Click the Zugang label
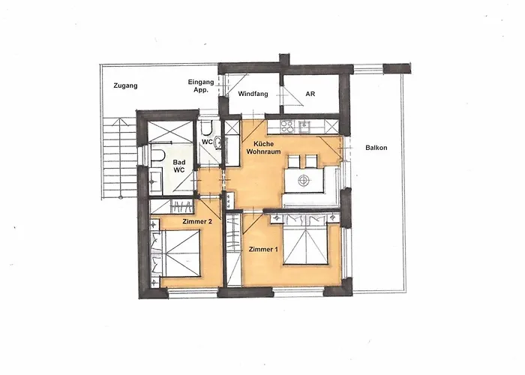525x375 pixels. pyautogui.click(x=125, y=85)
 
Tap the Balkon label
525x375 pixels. pyautogui.click(x=376, y=148)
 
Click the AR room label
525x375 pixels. pyautogui.click(x=310, y=94)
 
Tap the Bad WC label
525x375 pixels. pyautogui.click(x=179, y=166)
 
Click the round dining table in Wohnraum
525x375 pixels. pyautogui.click(x=304, y=180)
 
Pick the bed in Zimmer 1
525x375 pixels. pyautogui.click(x=307, y=240)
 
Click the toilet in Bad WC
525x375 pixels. pyautogui.click(x=158, y=155)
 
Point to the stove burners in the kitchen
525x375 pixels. pyautogui.click(x=286, y=124)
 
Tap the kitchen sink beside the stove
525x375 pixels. pyautogui.click(x=306, y=124)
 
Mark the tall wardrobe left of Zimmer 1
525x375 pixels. pyautogui.click(x=233, y=249)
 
